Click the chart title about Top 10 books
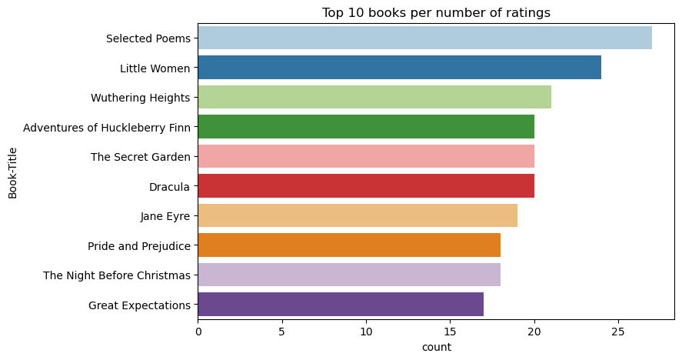coord(435,12)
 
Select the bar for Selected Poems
coord(424,38)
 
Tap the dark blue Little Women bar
coord(399,68)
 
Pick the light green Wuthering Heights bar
coord(374,97)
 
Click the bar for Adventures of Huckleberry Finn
coord(366,127)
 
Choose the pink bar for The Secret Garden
coord(366,156)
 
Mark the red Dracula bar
coord(366,186)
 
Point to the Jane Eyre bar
coord(358,215)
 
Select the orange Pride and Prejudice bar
coord(349,245)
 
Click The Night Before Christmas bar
coord(349,275)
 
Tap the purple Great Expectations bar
coord(341,305)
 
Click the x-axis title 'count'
coord(437,347)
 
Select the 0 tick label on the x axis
coord(198,332)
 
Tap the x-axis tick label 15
coord(450,332)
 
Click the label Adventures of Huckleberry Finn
coord(107,127)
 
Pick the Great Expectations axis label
coord(139,305)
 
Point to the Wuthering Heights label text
coord(140,98)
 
